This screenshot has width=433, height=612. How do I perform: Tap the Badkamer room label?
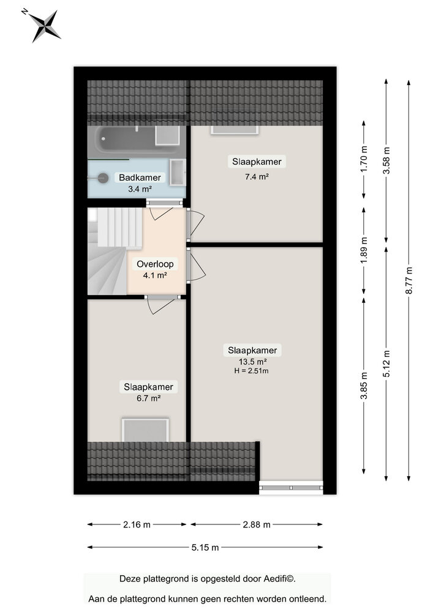pos(140,177)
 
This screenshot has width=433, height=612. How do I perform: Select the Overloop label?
pos(155,264)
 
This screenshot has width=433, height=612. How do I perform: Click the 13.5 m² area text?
pos(252,362)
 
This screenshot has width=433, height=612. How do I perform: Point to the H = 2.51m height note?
pos(252,371)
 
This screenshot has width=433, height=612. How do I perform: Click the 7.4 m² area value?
pos(257,176)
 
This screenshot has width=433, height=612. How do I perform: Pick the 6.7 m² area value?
pos(148,398)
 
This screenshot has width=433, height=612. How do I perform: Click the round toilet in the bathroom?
pos(103,178)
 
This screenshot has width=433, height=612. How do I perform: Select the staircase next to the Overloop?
pos(114,250)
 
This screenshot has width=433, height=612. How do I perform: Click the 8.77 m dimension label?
pos(409,280)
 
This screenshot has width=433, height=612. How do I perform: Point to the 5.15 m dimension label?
pos(205,548)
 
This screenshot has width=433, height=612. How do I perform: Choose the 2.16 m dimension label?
pos(137,524)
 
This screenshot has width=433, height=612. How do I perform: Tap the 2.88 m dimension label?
pos(257,524)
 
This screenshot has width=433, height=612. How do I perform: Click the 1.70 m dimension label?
pos(364,159)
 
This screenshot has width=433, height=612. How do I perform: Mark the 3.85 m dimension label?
pos(364,386)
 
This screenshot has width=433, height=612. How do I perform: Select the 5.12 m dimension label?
pos(386,364)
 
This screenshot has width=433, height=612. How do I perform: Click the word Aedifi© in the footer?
pos(279,579)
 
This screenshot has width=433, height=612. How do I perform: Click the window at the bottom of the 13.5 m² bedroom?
pos(292,488)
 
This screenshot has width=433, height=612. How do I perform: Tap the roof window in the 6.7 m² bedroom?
pos(145,430)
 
